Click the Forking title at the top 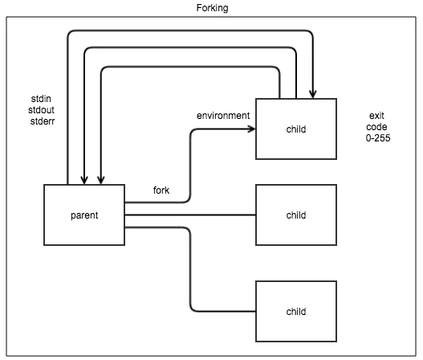[212, 8]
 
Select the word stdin [41, 99]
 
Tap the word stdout [41, 110]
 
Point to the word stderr [43, 121]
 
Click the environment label [223, 116]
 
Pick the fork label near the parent [161, 190]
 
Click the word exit [376, 116]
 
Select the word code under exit [376, 127]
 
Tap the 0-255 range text [378, 138]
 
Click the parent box [84, 215]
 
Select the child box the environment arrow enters [296, 129]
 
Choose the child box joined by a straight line [296, 215]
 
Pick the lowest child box [296, 312]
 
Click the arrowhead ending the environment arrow [252, 129]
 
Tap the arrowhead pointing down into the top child [313, 95]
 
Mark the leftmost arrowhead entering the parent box [84, 181]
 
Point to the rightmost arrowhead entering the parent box [101, 181]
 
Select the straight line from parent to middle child [190, 215]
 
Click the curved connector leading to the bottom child [190, 269]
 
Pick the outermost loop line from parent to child [190, 31]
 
